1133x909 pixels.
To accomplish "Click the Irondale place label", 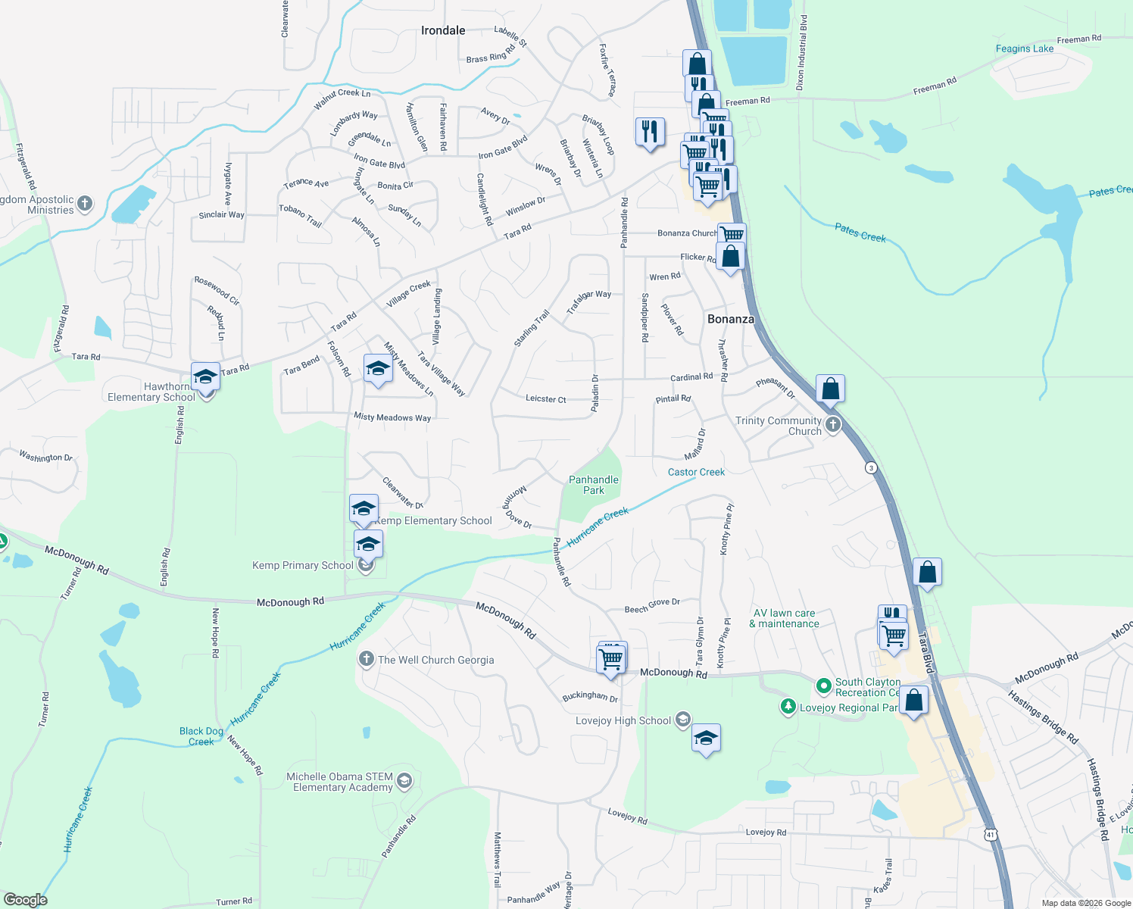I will tap(443, 30).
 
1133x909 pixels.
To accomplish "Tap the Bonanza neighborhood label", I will tap(731, 319).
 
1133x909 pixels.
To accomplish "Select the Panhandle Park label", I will tap(594, 485).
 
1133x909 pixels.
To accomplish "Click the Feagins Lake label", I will tap(1025, 48).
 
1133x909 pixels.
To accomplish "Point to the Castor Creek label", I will tap(696, 472).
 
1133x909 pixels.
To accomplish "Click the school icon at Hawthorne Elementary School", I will tap(205, 376).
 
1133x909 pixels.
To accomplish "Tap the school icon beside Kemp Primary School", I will tap(368, 545).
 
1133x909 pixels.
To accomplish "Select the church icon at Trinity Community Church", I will tap(833, 424).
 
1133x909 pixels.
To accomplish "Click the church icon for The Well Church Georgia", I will tap(367, 659).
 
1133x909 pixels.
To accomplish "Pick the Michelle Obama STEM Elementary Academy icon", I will tap(404, 781).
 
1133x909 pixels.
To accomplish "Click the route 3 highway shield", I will tap(872, 467).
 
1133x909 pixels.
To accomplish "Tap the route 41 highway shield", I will tap(991, 834).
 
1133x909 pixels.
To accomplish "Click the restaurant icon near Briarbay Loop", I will tap(650, 132).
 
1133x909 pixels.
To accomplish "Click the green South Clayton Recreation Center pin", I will tap(823, 686).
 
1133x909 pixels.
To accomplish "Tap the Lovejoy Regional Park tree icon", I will tap(788, 707).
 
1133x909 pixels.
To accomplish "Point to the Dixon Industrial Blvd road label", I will tap(801, 53).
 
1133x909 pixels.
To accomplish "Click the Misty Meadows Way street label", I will tap(392, 417).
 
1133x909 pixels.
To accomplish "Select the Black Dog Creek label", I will tap(201, 736).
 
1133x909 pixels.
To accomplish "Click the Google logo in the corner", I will tap(26, 899).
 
